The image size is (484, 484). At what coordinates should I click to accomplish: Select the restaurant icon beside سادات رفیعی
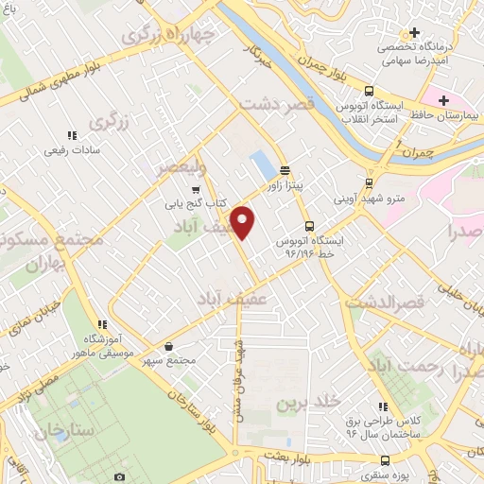click(x=73, y=135)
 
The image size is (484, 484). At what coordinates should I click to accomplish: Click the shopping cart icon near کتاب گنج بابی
click(x=195, y=190)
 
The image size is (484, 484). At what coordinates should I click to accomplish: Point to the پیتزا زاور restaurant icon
click(x=285, y=170)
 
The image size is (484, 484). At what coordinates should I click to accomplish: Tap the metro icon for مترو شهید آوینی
click(x=369, y=184)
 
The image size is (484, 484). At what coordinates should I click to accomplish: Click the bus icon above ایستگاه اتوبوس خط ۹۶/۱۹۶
click(x=309, y=226)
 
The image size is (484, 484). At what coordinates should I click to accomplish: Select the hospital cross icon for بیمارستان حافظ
click(x=441, y=98)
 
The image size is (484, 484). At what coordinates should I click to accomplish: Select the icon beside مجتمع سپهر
click(x=168, y=346)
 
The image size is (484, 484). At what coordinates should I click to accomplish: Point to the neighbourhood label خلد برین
click(x=307, y=404)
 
